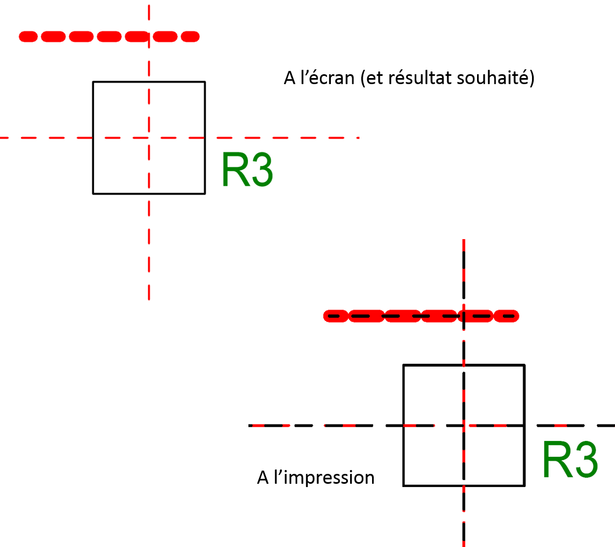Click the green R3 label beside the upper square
[247, 170]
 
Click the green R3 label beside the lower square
[569, 460]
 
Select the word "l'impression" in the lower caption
[323, 477]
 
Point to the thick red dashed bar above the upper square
[109, 37]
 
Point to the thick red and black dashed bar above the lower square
[421, 316]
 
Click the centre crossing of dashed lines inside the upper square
[149, 137]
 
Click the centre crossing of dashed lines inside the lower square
[464, 425]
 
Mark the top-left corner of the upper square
[93, 82]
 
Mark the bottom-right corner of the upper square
[204, 193]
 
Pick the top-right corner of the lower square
[524, 365]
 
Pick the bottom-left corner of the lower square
[404, 485]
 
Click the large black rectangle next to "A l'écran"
[487, 119]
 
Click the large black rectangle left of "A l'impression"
[124, 425]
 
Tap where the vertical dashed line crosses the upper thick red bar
[149, 37]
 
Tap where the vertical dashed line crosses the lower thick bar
[464, 316]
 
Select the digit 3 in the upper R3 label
[260, 170]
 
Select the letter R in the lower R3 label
[555, 460]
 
